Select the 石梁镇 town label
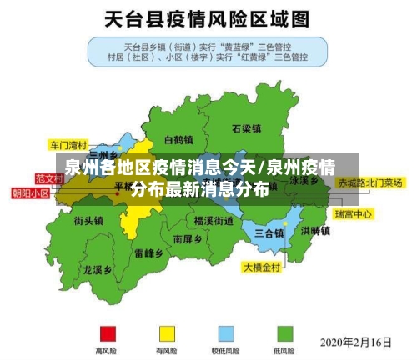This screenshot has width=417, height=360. pos(247,129)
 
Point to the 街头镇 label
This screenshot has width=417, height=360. pos(88,221)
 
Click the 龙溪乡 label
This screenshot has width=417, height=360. pos(98,270)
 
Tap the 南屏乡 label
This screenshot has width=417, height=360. pos(188,238)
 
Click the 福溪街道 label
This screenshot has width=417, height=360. pos(214,221)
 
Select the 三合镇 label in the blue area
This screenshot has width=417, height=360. pos(269,232)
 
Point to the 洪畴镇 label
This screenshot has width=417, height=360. pos(315,230)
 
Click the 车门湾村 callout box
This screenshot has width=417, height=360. pos(68,143)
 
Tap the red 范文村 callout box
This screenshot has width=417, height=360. pos(49,177)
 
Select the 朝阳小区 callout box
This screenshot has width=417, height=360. pos(30,192)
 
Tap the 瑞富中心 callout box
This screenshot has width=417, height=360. pos(354,214)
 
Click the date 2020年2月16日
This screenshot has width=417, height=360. pos(356,342)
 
